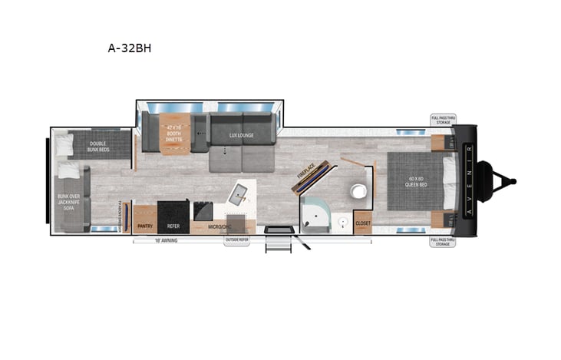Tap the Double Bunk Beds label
(97, 146)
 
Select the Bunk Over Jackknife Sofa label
(69, 201)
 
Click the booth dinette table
(173, 134)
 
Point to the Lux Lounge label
(241, 135)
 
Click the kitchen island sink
(239, 193)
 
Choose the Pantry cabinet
(145, 226)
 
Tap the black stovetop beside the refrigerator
(203, 210)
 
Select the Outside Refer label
(236, 241)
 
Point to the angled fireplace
(315, 178)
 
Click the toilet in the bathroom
(358, 190)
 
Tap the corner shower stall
(316, 217)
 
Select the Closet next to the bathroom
(363, 223)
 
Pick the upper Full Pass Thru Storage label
(443, 120)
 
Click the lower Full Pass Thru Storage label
(443, 242)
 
